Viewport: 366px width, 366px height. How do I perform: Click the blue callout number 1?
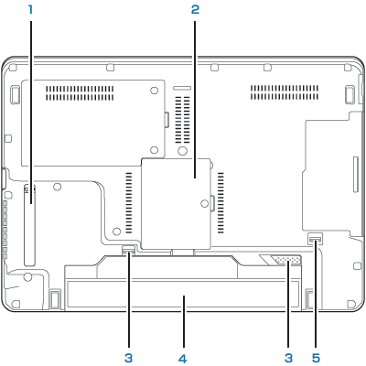click(30, 9)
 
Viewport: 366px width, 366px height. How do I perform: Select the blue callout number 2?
click(195, 9)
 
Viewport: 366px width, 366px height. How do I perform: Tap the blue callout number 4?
click(183, 359)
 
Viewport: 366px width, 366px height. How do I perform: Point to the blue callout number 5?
click(316, 359)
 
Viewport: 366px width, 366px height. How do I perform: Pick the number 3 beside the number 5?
click(288, 359)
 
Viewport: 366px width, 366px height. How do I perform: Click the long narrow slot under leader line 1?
click(30, 225)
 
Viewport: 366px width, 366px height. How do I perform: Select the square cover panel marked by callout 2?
click(176, 203)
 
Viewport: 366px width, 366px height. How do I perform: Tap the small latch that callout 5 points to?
click(316, 239)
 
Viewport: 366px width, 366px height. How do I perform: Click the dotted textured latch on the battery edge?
click(287, 260)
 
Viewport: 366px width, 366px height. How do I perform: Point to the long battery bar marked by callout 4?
click(183, 295)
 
